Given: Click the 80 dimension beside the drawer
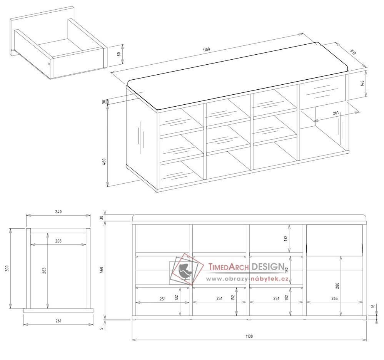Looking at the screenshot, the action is (119, 54).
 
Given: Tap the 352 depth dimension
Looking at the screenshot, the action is (353, 52).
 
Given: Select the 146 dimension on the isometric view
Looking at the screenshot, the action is (362, 83).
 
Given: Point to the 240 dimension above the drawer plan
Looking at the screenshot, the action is (58, 211).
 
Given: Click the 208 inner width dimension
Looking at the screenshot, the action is (58, 241).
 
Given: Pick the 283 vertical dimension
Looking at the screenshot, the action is (44, 271).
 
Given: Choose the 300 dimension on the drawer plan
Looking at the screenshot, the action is (7, 268).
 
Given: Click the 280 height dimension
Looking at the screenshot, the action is (337, 286).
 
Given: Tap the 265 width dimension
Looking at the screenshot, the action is (334, 298).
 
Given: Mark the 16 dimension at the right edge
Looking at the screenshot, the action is (373, 306).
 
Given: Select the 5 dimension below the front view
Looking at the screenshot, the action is (102, 329).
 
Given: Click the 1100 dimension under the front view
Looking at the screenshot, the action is (249, 336).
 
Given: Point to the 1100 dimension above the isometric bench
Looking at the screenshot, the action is (207, 50).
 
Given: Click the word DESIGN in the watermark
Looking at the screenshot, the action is (268, 266).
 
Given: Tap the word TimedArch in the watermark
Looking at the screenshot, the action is (229, 266).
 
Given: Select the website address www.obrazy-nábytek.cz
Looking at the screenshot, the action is (247, 279).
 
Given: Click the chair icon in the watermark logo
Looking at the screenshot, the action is (184, 270).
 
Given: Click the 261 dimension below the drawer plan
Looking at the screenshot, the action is (58, 321).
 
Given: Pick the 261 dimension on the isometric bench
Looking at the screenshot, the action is (336, 113).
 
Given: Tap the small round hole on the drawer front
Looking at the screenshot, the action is (49, 64).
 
